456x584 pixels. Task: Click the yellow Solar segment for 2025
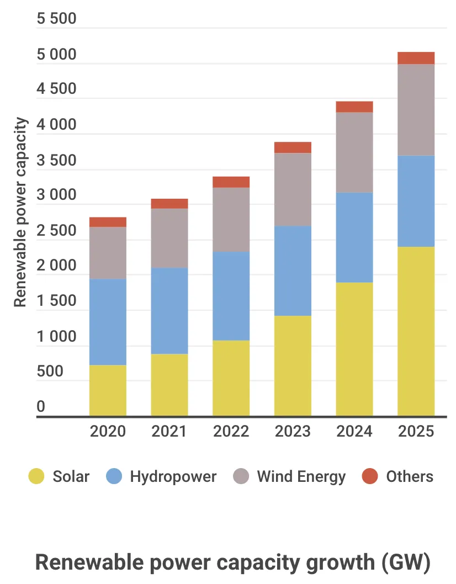[x=416, y=331]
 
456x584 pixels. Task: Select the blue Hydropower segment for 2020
[x=108, y=322]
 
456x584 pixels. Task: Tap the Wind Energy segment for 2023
[x=293, y=189]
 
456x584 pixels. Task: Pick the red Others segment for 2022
[x=231, y=182]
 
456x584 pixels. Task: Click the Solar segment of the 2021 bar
[x=169, y=385]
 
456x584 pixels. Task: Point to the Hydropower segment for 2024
[x=354, y=237]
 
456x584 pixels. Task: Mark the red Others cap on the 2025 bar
[x=416, y=58]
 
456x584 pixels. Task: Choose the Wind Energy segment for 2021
[x=169, y=238]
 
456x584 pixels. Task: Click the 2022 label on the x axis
[x=231, y=431]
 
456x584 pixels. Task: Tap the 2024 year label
[x=354, y=431]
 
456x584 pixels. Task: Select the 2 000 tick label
[x=56, y=266]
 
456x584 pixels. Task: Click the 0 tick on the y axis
[x=41, y=407]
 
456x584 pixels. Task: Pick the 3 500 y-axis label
[x=56, y=161]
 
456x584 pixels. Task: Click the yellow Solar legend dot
[x=36, y=476]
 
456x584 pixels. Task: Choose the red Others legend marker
[x=370, y=476]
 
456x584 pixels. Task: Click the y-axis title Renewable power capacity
[x=20, y=213]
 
